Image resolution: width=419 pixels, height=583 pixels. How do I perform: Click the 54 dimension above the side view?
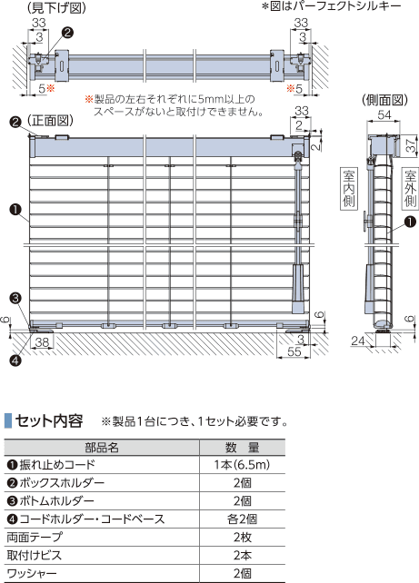384,114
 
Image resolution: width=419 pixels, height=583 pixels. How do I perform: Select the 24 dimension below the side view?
358,341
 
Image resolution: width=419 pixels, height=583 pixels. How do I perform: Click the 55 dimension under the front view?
294,351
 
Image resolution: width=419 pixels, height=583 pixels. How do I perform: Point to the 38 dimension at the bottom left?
42,342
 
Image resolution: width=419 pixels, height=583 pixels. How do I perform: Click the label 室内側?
348,189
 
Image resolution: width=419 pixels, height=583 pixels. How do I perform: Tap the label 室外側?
410,188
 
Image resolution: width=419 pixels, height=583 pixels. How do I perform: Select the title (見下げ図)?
56,8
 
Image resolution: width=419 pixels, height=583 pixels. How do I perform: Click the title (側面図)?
384,100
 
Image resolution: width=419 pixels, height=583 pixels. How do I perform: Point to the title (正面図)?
50,120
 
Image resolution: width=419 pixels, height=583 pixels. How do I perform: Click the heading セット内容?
49,420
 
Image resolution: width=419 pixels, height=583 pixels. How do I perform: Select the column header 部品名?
102,448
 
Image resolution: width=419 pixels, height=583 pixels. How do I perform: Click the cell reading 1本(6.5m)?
242,465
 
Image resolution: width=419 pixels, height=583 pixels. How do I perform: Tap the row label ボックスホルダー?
55,483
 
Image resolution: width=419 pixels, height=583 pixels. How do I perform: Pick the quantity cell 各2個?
242,519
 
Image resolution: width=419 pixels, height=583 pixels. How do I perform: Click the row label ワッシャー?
32,573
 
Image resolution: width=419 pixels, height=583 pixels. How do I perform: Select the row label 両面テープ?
35,538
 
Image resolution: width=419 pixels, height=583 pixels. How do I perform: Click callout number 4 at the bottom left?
15,360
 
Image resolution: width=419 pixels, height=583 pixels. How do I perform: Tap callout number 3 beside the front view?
15,298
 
